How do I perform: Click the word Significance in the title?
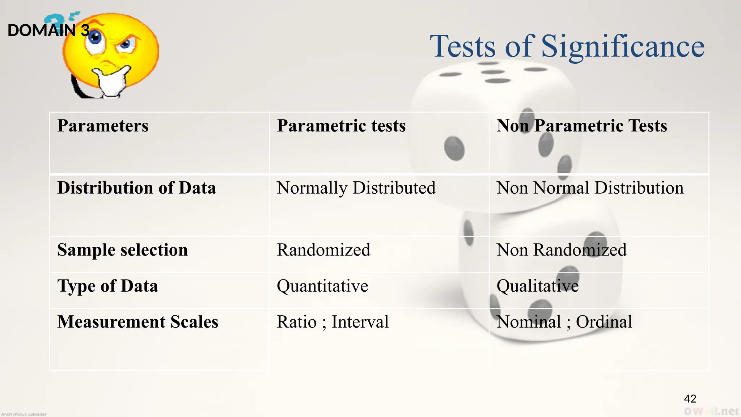(622, 47)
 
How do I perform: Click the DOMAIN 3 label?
(48, 30)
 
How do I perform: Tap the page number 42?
(690, 399)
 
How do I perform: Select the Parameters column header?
(103, 126)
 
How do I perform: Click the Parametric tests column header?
(341, 126)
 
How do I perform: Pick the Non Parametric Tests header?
(581, 126)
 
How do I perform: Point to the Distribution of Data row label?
(136, 188)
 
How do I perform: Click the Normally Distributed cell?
(356, 188)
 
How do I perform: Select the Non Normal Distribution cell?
(590, 188)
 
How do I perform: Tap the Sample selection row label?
(122, 250)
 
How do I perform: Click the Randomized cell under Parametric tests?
(323, 250)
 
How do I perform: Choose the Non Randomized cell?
(561, 250)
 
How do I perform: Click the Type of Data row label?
(107, 286)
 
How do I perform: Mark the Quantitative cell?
(322, 286)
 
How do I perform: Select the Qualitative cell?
(537, 286)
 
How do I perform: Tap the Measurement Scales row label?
(137, 322)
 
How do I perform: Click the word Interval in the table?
(360, 322)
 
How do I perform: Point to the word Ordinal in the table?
(604, 322)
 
